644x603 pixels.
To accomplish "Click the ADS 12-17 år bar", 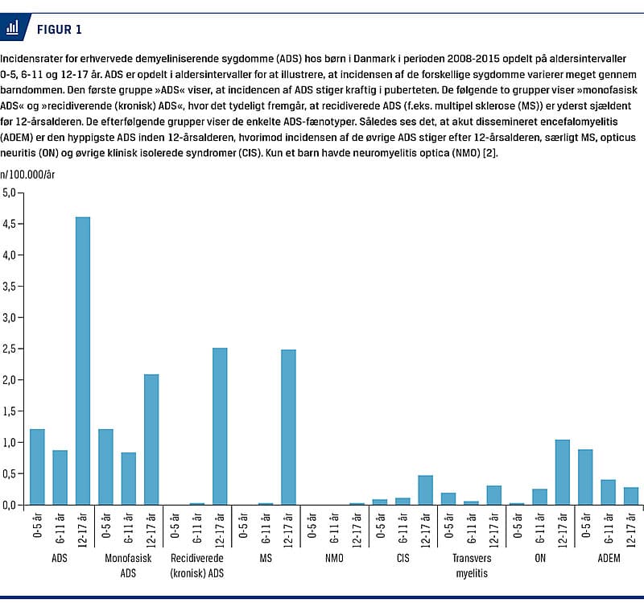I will point(82,361).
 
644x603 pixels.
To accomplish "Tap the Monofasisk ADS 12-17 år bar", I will point(151,440).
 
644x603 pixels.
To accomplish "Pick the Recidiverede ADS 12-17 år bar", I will point(220,427).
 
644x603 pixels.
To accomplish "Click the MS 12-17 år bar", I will point(288,427).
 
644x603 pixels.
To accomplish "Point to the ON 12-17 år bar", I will point(562,473).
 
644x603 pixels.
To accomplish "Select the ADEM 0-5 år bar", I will point(585,477).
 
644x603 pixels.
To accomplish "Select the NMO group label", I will point(333,558).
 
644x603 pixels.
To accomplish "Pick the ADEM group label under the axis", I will point(608,558).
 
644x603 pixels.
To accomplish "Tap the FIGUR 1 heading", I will point(59,30).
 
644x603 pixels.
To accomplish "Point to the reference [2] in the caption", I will point(491,153).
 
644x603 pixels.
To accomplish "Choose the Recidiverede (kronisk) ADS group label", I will point(197,565).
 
